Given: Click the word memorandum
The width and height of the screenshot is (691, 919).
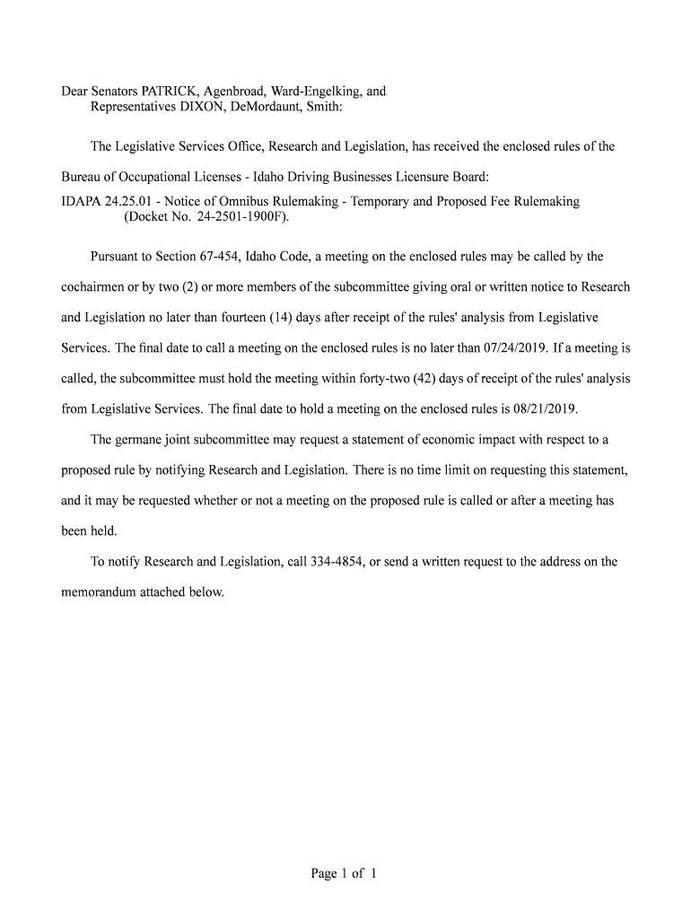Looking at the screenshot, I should (101, 592).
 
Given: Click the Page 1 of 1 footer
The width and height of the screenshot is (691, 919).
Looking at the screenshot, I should (344, 872).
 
